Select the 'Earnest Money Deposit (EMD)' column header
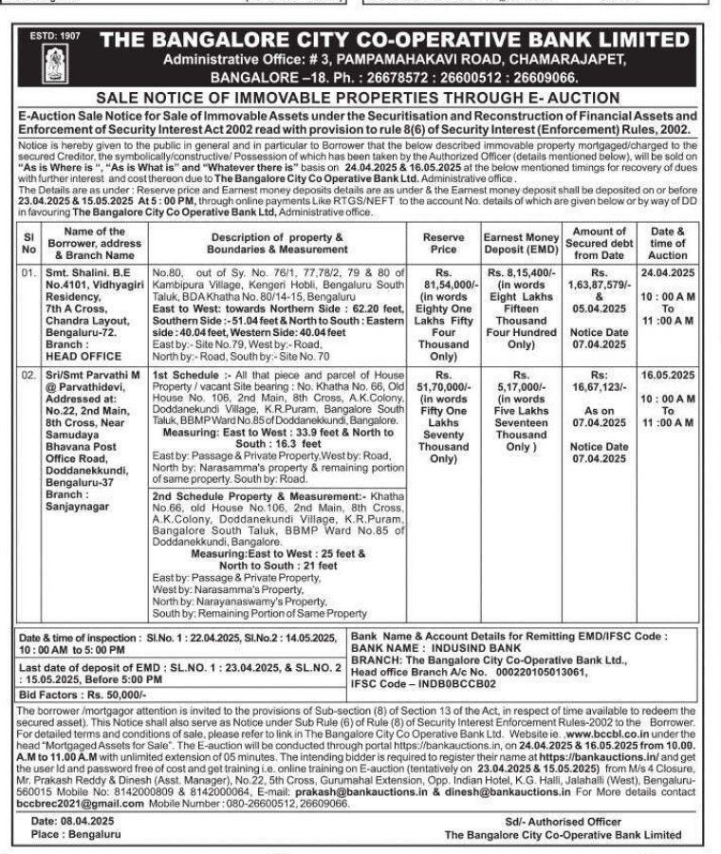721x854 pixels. pyautogui.click(x=520, y=242)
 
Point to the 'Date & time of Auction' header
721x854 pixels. pyautogui.click(x=668, y=242)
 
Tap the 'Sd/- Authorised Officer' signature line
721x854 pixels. pyautogui.click(x=592, y=820)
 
